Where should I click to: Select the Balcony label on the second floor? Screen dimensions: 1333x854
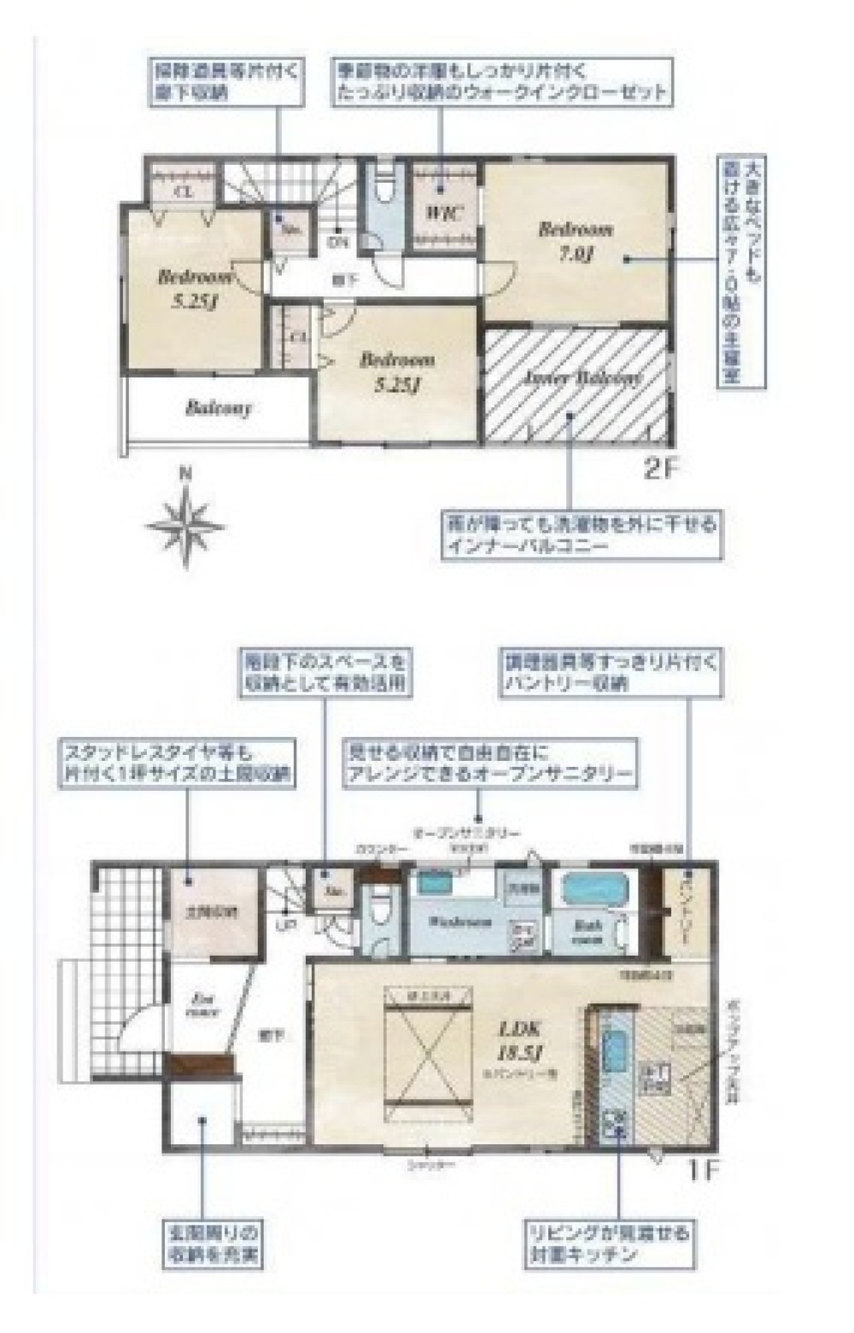coord(219,408)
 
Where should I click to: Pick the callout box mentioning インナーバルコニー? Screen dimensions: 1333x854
coord(579,535)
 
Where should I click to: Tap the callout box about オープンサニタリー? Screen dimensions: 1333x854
coord(489,764)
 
